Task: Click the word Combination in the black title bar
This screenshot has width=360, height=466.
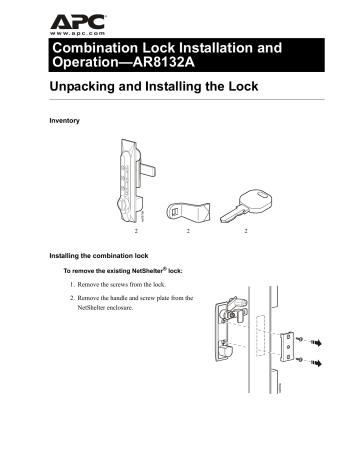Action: point(103,48)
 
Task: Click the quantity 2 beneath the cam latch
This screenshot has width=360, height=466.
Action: point(186,230)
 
